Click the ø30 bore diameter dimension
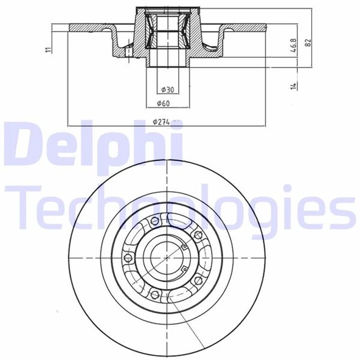pos(167,90)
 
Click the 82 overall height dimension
pos(308,44)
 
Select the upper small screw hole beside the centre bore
pos(182,246)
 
